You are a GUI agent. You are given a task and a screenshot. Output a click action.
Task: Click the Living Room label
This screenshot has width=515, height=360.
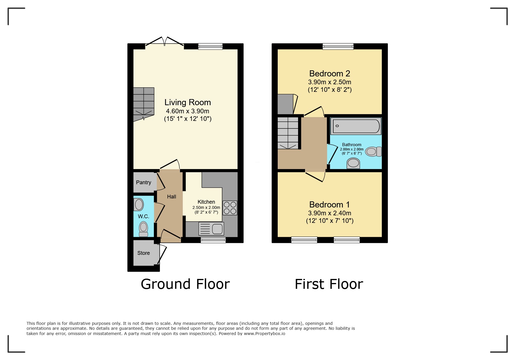click(x=188, y=102)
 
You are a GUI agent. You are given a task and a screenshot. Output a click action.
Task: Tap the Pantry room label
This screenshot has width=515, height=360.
click(x=143, y=182)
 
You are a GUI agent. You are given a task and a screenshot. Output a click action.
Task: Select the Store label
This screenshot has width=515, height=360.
click(x=143, y=253)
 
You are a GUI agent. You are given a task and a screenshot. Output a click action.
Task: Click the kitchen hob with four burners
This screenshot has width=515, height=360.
click(x=230, y=208)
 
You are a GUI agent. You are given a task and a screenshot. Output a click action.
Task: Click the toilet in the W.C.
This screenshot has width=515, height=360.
click(x=143, y=229)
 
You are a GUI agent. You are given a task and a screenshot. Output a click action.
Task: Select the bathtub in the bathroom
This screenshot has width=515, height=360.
click(x=356, y=126)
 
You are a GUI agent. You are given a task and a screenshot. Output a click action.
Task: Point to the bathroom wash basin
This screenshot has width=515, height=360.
click(x=353, y=163)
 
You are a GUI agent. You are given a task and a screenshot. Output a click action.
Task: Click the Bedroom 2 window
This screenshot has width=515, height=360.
click(x=338, y=46)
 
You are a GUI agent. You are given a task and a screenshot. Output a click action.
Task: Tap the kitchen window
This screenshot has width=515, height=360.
click(x=213, y=240)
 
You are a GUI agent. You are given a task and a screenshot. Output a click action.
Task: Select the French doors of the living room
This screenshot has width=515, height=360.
click(x=165, y=42)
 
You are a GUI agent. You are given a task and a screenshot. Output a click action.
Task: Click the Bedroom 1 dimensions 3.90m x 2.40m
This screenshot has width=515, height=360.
click(x=329, y=213)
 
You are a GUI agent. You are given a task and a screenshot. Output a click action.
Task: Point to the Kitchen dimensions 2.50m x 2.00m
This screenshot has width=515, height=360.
click(x=206, y=207)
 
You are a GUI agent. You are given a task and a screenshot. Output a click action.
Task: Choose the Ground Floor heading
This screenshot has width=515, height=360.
click(x=185, y=284)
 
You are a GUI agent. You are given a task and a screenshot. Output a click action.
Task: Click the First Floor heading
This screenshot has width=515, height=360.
click(x=329, y=284)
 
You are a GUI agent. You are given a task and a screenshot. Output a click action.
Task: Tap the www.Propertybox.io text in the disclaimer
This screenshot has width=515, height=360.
click(x=264, y=334)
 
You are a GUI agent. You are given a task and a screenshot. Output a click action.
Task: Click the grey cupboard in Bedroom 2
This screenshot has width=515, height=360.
click(x=285, y=104)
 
